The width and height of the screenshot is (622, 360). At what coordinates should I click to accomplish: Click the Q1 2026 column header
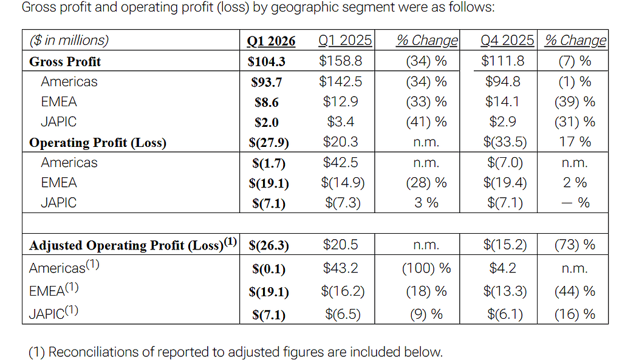[x=271, y=41]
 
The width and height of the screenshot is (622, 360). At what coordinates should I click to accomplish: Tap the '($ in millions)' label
[x=69, y=41]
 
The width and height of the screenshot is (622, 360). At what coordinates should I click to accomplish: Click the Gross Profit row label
[x=65, y=61]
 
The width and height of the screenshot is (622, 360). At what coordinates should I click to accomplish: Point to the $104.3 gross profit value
[x=266, y=61]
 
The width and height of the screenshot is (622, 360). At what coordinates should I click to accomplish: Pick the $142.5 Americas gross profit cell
[x=340, y=81]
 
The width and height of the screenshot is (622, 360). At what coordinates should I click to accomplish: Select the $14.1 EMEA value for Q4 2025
[x=502, y=101]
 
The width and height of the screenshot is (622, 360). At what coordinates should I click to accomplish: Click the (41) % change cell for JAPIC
[x=426, y=121]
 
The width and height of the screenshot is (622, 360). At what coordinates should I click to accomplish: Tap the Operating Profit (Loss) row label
[x=98, y=142]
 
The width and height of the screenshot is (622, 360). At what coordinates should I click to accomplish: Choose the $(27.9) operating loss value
[x=268, y=142]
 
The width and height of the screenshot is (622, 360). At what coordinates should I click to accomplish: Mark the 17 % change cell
[x=575, y=141]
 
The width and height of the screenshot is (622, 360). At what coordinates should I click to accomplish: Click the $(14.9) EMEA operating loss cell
[x=343, y=182]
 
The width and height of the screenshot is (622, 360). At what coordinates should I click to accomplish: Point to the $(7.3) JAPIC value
[x=343, y=203]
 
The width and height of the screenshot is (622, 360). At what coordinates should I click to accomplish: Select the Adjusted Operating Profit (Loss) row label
[x=133, y=244]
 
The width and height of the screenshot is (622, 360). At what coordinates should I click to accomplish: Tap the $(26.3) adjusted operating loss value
[x=268, y=245]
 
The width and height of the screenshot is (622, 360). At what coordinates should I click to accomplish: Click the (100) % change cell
[x=426, y=268]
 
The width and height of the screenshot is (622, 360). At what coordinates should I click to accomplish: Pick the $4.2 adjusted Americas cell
[x=502, y=268]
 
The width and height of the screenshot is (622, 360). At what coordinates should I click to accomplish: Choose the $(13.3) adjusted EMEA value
[x=505, y=291]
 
